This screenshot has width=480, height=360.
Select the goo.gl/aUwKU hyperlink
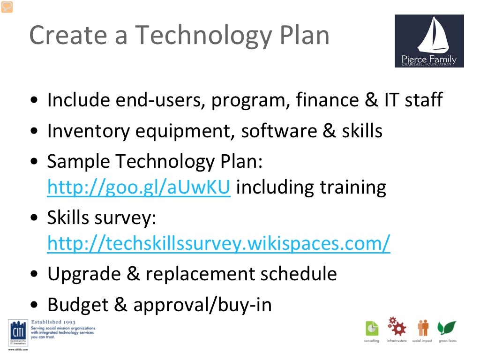click(x=139, y=187)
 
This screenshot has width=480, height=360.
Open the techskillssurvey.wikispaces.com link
click(x=218, y=243)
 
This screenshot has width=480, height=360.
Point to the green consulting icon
click(x=372, y=328)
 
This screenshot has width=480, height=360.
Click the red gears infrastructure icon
click(x=397, y=326)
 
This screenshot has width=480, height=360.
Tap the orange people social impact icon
click(x=423, y=328)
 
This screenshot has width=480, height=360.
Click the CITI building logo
click(x=17, y=334)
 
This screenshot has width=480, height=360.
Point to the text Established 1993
click(x=52, y=322)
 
